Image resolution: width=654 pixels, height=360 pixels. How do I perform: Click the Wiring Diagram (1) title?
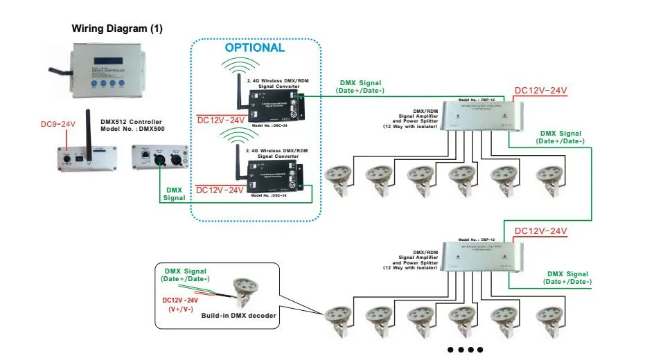pyautogui.click(x=117, y=29)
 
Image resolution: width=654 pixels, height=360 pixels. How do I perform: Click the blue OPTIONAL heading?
pyautogui.click(x=254, y=48)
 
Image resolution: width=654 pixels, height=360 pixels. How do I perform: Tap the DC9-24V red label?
pyautogui.click(x=58, y=124)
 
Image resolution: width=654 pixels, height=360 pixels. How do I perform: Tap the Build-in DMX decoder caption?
pyautogui.click(x=239, y=316)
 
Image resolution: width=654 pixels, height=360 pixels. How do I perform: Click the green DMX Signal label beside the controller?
pyautogui.click(x=174, y=194)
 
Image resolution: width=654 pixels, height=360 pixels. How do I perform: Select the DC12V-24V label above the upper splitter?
pyautogui.click(x=540, y=91)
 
